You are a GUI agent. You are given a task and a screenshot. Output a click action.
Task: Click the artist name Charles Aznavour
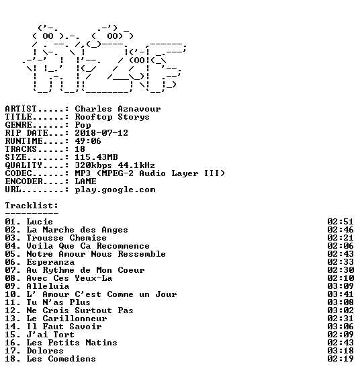pyautogui.click(x=118, y=109)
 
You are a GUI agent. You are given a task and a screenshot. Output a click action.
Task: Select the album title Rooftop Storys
pyautogui.click(x=112, y=117)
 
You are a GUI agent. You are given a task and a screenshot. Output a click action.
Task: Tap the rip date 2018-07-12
pyautogui.click(x=101, y=133)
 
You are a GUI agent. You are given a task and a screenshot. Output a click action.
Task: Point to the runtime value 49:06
pyautogui.click(x=88, y=141)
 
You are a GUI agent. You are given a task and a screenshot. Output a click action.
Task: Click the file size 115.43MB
pyautogui.click(x=96, y=157)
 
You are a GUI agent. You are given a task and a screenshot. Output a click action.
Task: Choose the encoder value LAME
pyautogui.click(x=85, y=181)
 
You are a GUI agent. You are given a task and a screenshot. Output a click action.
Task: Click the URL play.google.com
pyautogui.click(x=115, y=190)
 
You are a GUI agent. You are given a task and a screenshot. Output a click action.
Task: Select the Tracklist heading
pyautogui.click(x=32, y=206)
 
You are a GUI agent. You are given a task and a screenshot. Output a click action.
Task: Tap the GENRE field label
pyautogui.click(x=18, y=125)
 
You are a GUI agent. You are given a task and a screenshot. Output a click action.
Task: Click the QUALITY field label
pyautogui.click(x=24, y=165)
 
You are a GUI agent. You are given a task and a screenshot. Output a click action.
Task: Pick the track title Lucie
pyautogui.click(x=40, y=222)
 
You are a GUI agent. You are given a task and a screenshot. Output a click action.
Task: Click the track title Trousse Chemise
pyautogui.click(x=66, y=238)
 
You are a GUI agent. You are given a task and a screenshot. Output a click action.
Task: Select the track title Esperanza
pyautogui.click(x=50, y=262)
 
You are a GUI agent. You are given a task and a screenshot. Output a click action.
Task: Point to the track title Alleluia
pyautogui.click(x=48, y=286)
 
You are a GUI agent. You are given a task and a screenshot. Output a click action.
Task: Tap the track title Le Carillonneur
pyautogui.click(x=66, y=319)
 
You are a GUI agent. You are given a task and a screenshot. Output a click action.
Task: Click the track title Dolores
pyautogui.click(x=45, y=351)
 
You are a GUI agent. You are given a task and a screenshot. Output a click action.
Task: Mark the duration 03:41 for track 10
pyautogui.click(x=341, y=294)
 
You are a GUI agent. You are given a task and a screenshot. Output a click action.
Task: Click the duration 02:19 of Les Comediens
pyautogui.click(x=341, y=359)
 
